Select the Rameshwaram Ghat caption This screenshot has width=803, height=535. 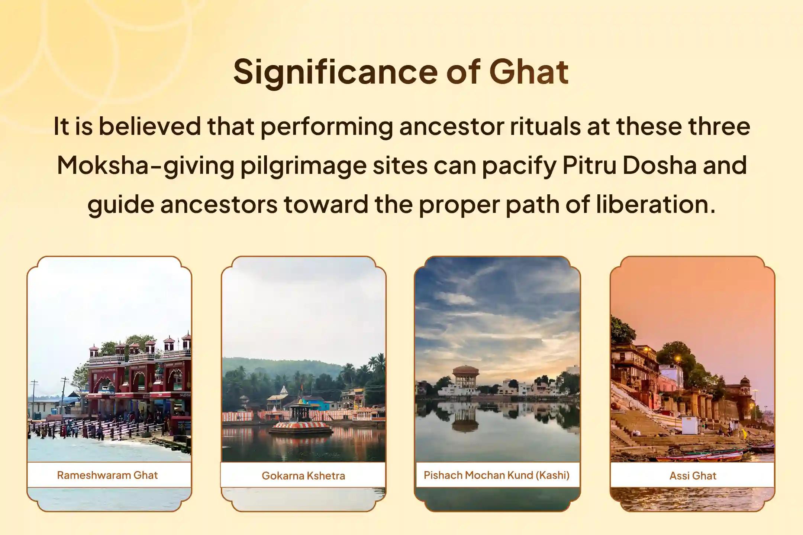pos(107,475)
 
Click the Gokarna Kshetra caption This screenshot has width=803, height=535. pos(303,476)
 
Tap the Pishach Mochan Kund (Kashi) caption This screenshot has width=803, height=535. pos(496,475)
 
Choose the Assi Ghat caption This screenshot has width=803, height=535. pos(693,476)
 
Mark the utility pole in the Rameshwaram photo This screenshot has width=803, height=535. pos(65,394)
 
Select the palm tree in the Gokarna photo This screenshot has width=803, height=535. pos(376,362)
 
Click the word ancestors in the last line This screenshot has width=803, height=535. pos(219,204)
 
